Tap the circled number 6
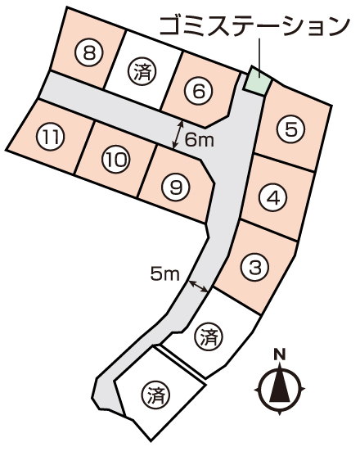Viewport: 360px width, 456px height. pos(199,92)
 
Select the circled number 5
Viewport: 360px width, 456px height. pos(290,129)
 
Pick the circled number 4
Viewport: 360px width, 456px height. pos(272,198)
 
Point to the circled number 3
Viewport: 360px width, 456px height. pos(255,267)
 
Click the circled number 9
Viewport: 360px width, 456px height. pos(175,187)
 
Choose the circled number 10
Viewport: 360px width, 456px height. pos(116,160)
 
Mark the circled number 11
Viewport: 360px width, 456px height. pos(50,137)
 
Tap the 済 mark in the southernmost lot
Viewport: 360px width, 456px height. pos(157,395)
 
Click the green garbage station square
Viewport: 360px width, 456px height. pos(257,80)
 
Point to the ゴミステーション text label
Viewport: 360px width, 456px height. pos(254,26)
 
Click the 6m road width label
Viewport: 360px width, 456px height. pos(200,141)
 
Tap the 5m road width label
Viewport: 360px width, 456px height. pos(164,274)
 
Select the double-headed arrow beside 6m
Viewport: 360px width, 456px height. pos(178,135)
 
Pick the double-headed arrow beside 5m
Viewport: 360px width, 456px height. pos(198,287)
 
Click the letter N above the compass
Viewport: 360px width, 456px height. pos(280,354)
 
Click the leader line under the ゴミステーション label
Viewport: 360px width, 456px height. pos(259,58)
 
